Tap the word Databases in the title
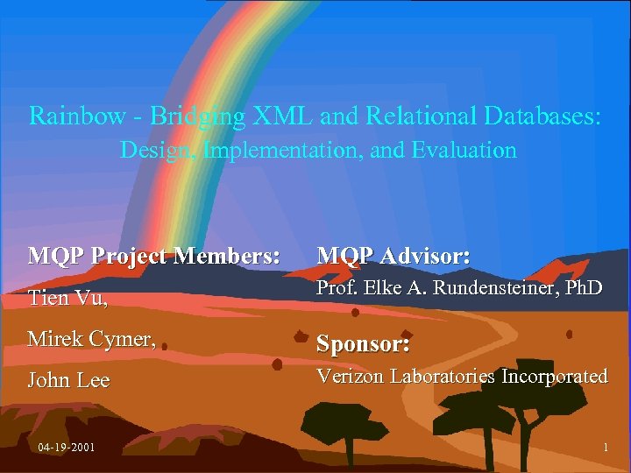tap(541, 116)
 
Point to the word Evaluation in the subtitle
tap(464, 150)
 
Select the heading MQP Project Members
tap(154, 256)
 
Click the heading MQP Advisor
tap(393, 256)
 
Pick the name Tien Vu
tap(67, 298)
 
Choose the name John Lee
tap(68, 380)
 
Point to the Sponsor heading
tap(363, 343)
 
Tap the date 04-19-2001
tap(67, 448)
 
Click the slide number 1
tap(606, 448)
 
